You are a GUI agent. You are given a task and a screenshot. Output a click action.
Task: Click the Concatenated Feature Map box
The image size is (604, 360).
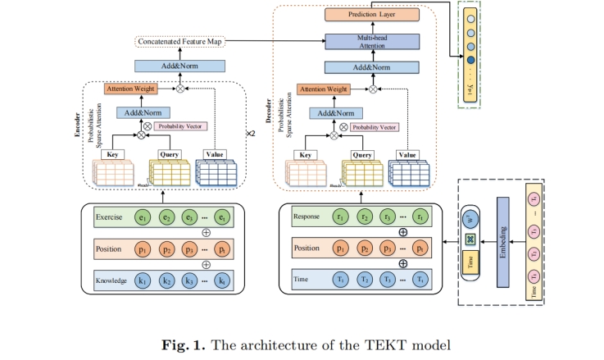click(179, 41)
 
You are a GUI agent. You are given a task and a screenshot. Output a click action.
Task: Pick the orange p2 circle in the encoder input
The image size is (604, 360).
click(168, 248)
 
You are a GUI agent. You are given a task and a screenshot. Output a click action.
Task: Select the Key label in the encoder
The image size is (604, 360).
click(112, 153)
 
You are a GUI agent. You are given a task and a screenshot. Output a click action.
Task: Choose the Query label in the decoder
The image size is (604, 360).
click(362, 154)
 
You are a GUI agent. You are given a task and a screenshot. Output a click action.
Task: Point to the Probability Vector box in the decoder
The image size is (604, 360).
click(376, 128)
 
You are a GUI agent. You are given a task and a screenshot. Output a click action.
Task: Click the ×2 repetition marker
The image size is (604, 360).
click(252, 131)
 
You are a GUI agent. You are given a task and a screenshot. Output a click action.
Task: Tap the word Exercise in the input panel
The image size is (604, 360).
click(109, 217)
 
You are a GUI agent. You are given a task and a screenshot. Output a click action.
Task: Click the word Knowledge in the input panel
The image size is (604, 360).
click(111, 280)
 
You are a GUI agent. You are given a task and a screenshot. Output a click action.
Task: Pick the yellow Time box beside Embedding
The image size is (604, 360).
click(469, 261)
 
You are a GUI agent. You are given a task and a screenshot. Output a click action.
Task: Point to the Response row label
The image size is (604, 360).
click(306, 217)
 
